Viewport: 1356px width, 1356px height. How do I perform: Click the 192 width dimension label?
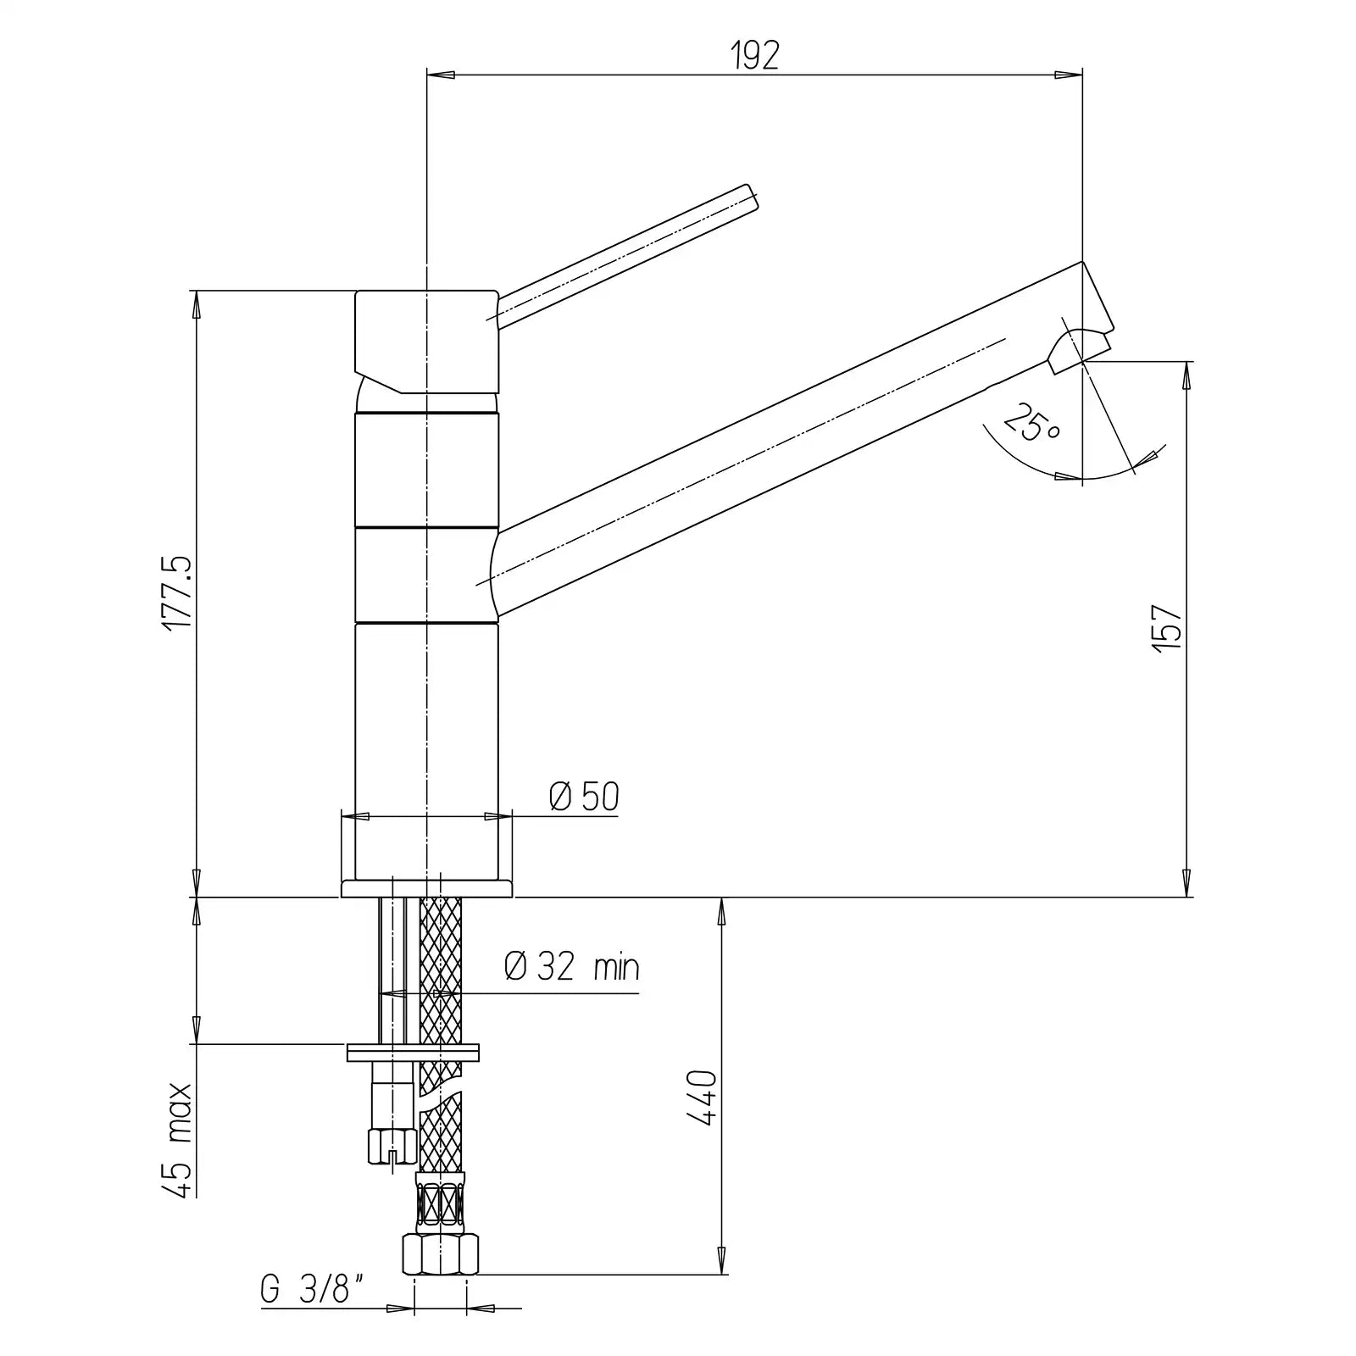click(x=753, y=56)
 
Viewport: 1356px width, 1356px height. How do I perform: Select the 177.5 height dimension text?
click(x=179, y=593)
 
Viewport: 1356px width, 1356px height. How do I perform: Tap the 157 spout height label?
click(x=1167, y=628)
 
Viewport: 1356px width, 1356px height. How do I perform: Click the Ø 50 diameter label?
click(x=584, y=797)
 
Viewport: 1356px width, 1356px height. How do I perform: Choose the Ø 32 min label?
click(x=572, y=966)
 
